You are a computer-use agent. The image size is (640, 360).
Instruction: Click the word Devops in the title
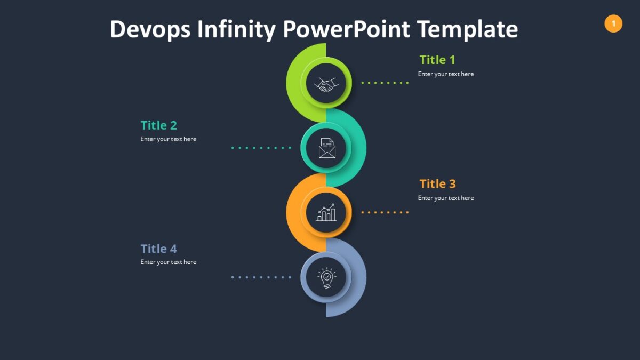click(150, 29)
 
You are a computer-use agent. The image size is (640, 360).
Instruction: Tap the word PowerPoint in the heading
click(346, 29)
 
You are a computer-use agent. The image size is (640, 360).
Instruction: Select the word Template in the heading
click(468, 29)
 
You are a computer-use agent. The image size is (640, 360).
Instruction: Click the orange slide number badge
click(613, 23)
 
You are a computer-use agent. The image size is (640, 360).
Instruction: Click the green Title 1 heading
click(437, 60)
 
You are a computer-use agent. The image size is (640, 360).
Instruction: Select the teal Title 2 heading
click(158, 125)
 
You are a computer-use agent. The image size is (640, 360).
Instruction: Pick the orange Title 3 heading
click(437, 184)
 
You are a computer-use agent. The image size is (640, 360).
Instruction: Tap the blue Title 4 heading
click(158, 249)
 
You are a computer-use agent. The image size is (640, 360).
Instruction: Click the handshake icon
click(326, 84)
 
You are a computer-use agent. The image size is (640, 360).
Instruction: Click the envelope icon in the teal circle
click(327, 148)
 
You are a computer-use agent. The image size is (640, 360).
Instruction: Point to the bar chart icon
click(326, 213)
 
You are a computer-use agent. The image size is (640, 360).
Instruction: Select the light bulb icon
click(326, 278)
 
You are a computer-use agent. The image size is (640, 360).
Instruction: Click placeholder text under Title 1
click(446, 74)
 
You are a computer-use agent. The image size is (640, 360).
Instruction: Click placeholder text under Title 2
click(169, 139)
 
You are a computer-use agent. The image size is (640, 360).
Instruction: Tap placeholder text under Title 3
click(446, 198)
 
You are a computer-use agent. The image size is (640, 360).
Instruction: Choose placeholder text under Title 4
click(169, 262)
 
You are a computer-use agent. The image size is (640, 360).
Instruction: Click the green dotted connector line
click(385, 83)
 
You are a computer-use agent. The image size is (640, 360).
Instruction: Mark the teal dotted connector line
click(261, 148)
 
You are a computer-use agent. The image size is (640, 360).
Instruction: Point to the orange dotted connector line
click(385, 212)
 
